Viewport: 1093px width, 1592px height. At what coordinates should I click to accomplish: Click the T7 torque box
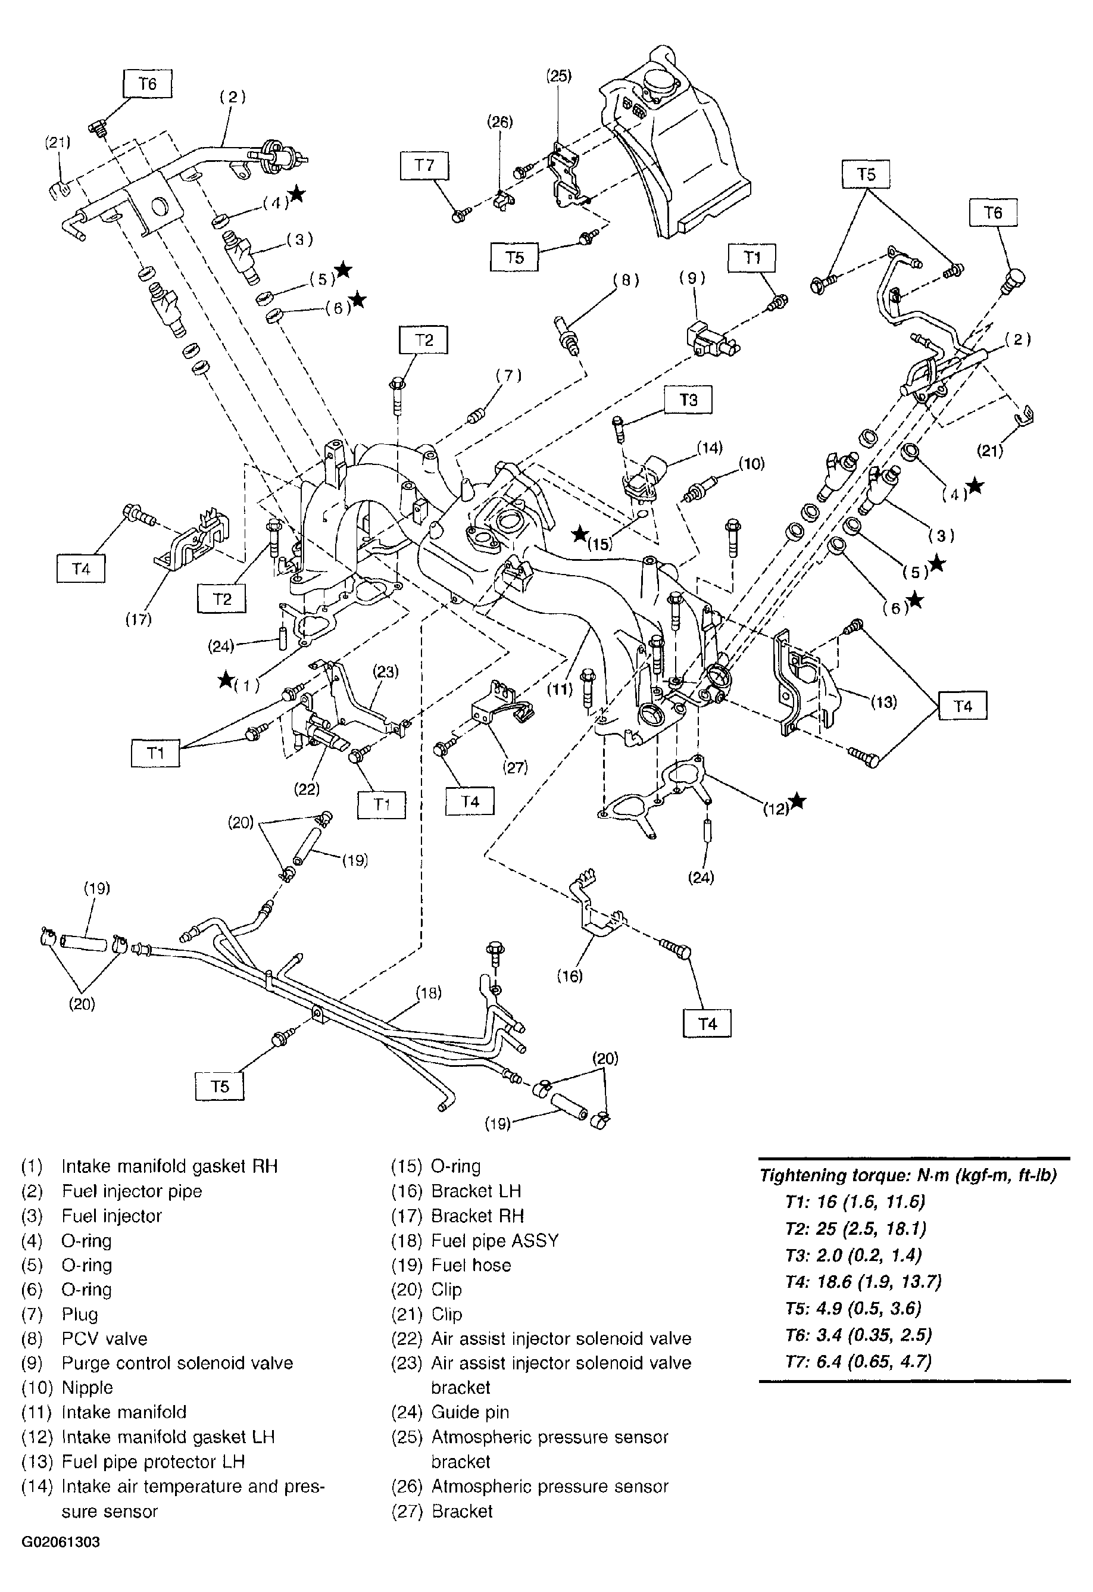coord(424,166)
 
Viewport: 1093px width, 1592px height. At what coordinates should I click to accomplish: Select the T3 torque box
coord(688,399)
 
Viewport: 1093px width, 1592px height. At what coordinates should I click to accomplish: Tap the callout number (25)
coord(558,76)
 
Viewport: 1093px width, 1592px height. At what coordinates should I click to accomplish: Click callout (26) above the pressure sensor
coord(499,122)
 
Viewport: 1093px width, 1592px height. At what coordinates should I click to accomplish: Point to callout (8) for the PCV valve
coord(625,280)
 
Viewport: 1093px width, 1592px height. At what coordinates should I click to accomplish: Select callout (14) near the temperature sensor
coord(710,448)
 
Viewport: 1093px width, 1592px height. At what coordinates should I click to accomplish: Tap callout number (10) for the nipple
coord(751,464)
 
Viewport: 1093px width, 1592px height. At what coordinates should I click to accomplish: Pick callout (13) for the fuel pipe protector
coord(883,701)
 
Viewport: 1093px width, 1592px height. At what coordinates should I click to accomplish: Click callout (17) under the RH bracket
coord(138,619)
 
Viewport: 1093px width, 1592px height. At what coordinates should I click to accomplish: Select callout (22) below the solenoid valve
coord(306,789)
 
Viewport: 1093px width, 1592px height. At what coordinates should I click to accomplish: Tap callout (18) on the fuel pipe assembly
coord(428,992)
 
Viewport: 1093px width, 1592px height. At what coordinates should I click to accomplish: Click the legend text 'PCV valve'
coord(104,1338)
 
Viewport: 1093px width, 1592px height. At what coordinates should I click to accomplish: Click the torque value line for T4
coord(862,1282)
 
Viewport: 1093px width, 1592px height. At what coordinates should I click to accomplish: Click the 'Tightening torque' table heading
coord(907,1175)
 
